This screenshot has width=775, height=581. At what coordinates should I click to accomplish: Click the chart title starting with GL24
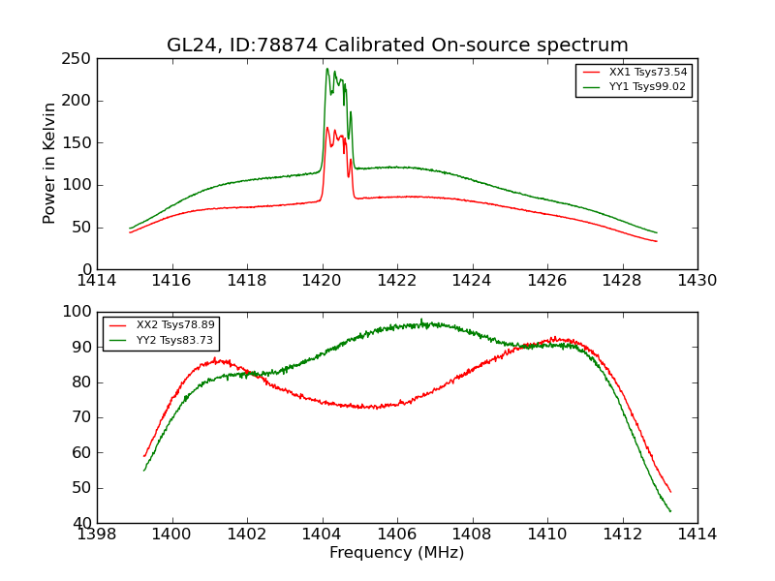pyautogui.click(x=397, y=46)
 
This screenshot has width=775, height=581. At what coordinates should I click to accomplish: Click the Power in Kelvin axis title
pyautogui.click(x=51, y=164)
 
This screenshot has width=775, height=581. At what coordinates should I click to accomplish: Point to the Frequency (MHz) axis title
pyautogui.click(x=397, y=553)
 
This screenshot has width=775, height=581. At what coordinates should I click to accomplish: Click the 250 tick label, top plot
pyautogui.click(x=79, y=59)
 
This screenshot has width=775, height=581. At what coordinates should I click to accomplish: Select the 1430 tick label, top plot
pyautogui.click(x=697, y=281)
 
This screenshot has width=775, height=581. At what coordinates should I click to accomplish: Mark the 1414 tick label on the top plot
pyautogui.click(x=98, y=281)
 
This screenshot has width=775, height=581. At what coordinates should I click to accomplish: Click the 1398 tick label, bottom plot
pyautogui.click(x=98, y=534)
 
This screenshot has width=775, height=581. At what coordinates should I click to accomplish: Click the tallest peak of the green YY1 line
pyautogui.click(x=327, y=69)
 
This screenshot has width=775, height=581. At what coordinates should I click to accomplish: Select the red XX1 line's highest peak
pyautogui.click(x=327, y=128)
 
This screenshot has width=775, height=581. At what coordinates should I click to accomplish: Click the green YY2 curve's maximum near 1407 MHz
pyautogui.click(x=421, y=321)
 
